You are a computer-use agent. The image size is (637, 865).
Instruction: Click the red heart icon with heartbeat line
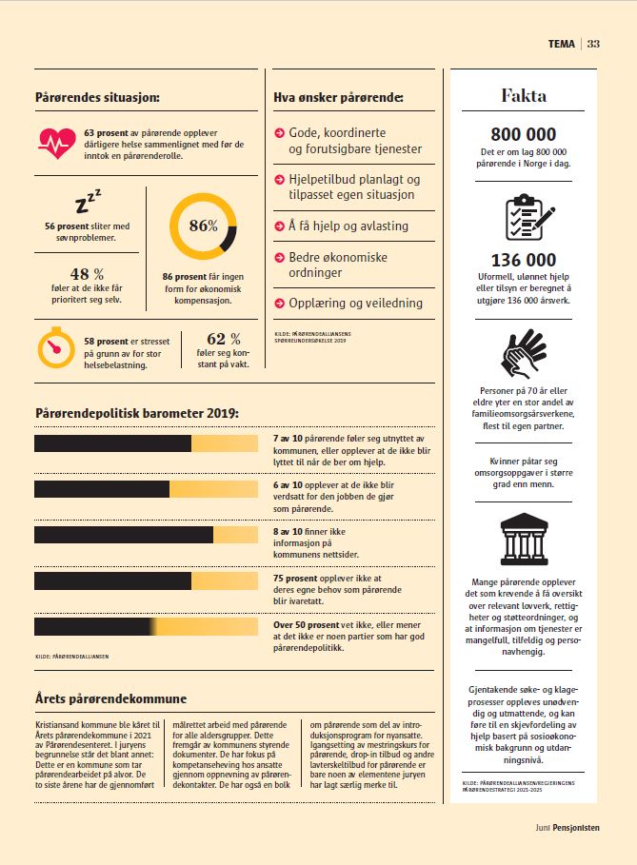click(57, 143)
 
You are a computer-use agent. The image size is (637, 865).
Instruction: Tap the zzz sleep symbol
click(88, 202)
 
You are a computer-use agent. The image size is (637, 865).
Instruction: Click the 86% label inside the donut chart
click(203, 226)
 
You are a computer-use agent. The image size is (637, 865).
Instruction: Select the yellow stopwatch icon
click(56, 347)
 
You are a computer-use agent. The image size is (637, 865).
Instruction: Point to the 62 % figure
click(224, 338)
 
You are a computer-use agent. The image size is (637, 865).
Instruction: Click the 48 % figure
click(87, 274)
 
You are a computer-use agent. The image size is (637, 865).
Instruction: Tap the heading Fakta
click(524, 95)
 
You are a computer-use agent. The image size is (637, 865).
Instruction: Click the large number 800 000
click(524, 134)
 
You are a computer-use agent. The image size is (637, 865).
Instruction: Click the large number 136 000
click(524, 260)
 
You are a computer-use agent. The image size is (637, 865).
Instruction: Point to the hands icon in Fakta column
click(524, 353)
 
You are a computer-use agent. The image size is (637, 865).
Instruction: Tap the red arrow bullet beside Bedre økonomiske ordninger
click(279, 257)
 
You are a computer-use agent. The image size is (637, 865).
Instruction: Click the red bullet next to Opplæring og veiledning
click(279, 303)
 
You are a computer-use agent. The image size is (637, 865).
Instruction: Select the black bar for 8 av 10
click(124, 535)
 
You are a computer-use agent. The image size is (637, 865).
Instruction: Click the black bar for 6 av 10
click(102, 489)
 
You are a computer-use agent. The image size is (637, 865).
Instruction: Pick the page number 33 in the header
click(593, 44)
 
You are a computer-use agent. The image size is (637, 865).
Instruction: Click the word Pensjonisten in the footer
click(576, 828)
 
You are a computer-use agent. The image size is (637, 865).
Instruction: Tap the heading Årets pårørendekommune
click(111, 698)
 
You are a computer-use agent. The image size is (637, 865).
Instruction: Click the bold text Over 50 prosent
click(306, 624)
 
